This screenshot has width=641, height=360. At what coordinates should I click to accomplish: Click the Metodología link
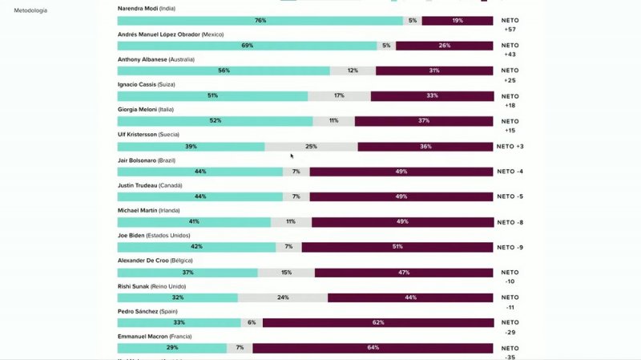[x=30, y=10]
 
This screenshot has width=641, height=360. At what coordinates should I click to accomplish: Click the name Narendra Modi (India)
[x=147, y=8]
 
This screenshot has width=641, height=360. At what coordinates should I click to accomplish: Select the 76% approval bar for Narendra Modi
[x=260, y=20]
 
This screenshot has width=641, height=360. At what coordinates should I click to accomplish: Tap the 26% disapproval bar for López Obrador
[x=444, y=46]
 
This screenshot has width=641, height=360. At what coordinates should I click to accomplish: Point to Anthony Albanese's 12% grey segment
[x=353, y=71]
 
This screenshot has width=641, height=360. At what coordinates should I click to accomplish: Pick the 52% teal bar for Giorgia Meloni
[x=216, y=121]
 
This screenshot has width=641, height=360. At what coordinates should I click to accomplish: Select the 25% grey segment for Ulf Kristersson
[x=311, y=147]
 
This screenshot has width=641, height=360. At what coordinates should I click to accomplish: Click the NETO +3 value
[x=510, y=147]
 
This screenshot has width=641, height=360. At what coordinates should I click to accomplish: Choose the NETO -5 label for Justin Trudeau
[x=510, y=196]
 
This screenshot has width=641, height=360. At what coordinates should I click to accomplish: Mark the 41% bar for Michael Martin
[x=195, y=222]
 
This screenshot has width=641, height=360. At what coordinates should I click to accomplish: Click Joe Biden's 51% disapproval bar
[x=397, y=247]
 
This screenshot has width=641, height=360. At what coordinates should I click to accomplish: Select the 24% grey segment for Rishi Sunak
[x=283, y=297]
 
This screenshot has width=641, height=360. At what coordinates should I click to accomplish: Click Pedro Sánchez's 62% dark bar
[x=377, y=322]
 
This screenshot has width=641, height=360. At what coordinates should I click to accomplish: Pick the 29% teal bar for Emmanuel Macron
[x=173, y=348]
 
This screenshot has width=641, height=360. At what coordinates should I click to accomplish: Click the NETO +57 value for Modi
[x=510, y=29]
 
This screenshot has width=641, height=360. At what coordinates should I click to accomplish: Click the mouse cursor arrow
[x=292, y=156]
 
